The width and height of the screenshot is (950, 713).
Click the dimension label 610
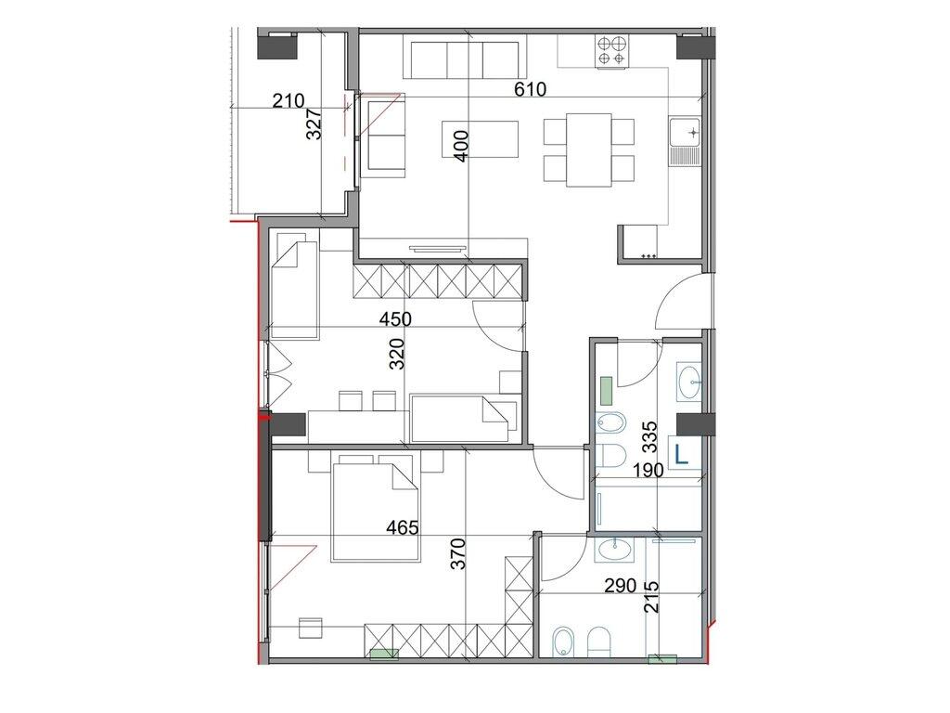[x=532, y=90]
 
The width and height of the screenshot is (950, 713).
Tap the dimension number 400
[x=462, y=146]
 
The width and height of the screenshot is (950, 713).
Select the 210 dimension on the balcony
[x=289, y=101]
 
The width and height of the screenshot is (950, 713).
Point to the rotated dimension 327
[x=315, y=124]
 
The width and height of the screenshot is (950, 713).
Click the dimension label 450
[x=395, y=319]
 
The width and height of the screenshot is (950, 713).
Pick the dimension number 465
[x=403, y=527]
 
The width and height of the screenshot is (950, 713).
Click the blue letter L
[x=683, y=454]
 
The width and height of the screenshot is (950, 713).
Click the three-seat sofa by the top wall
[x=466, y=60]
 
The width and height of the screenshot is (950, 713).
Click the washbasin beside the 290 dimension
[x=614, y=551]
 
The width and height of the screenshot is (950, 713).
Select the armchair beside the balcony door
[x=383, y=139]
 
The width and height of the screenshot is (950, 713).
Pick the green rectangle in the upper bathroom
[x=607, y=389]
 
